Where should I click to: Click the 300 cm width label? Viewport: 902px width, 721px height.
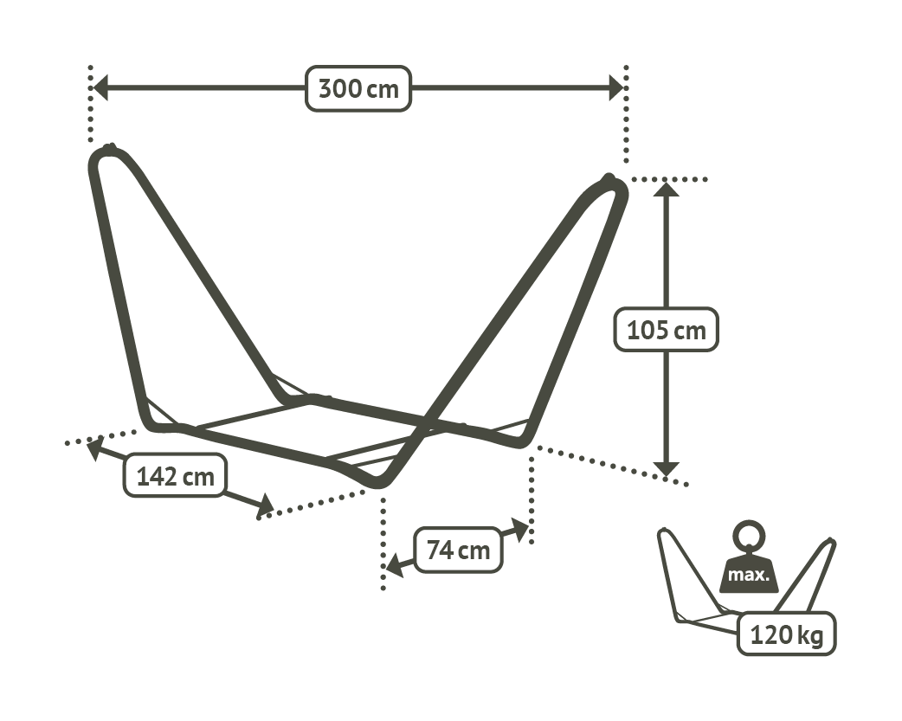(358, 88)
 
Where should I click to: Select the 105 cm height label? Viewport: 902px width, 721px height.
(667, 330)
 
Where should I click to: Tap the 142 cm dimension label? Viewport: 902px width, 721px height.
(176, 476)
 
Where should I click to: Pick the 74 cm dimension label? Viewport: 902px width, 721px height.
(459, 550)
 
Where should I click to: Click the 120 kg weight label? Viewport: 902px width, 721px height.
(786, 634)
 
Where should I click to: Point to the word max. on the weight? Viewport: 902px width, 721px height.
(748, 574)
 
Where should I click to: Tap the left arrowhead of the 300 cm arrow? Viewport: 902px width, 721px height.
(100, 88)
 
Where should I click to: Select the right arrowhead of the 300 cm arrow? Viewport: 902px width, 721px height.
(616, 88)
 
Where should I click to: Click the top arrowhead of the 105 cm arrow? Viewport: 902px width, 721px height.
(667, 188)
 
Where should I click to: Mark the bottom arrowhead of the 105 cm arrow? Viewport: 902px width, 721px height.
(667, 469)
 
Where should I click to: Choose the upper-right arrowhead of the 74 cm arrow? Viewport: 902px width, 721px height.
(520, 530)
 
